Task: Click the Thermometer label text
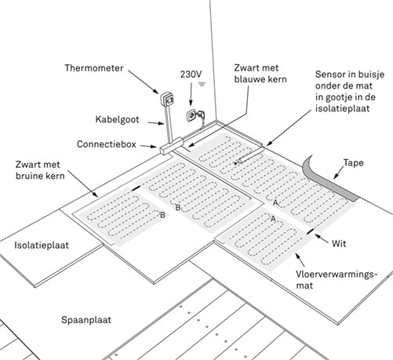point(93,68)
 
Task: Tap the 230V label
point(191,74)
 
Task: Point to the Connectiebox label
point(110,144)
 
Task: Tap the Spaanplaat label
point(88,320)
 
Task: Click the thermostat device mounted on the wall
point(167,100)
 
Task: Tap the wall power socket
point(191,116)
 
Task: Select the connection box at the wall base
point(170,146)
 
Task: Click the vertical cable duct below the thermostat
point(165,125)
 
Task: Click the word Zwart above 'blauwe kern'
point(249,67)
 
